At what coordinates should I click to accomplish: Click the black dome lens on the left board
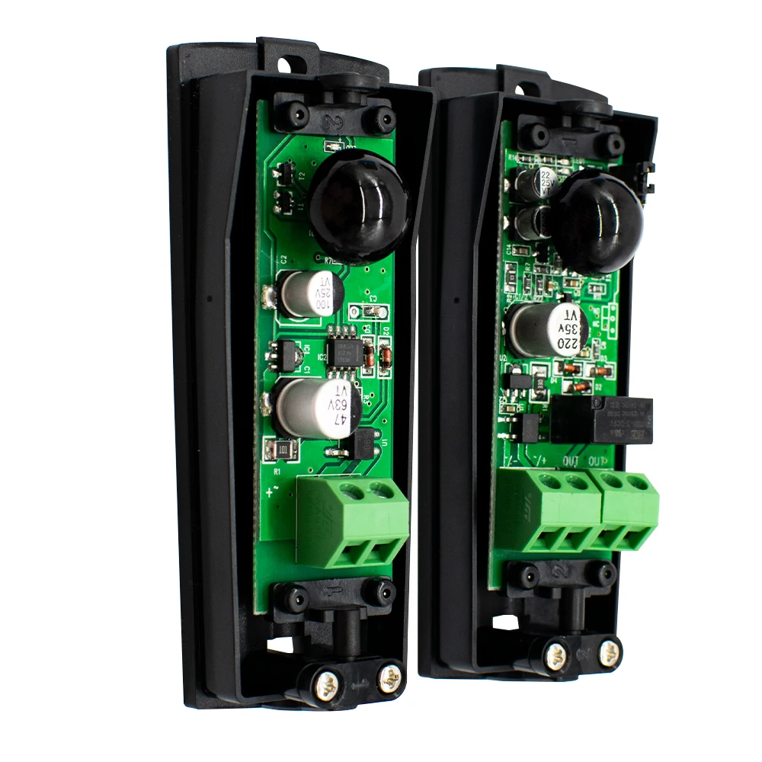point(360,204)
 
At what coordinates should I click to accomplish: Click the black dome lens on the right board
point(597,221)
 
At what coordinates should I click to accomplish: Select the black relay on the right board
point(602,419)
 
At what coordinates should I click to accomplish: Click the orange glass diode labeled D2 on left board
point(385,357)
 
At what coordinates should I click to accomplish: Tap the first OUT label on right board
point(571,460)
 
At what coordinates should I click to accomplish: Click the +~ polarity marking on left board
point(271,491)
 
